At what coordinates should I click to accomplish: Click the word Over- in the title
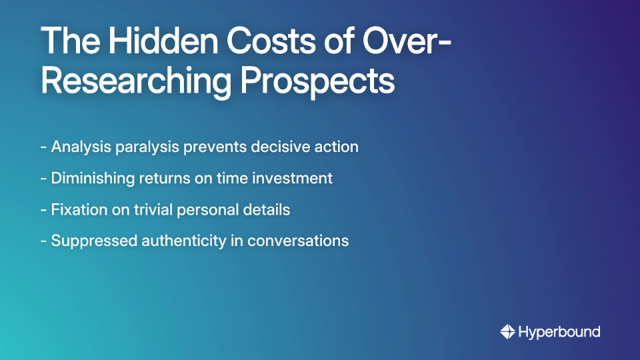[x=407, y=42]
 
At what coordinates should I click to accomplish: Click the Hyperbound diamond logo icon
[x=507, y=331]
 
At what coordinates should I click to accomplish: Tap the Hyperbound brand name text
[x=559, y=331]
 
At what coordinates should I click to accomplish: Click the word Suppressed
[x=94, y=241]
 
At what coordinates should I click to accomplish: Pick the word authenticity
[x=184, y=241]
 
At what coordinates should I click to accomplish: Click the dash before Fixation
[x=43, y=209]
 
